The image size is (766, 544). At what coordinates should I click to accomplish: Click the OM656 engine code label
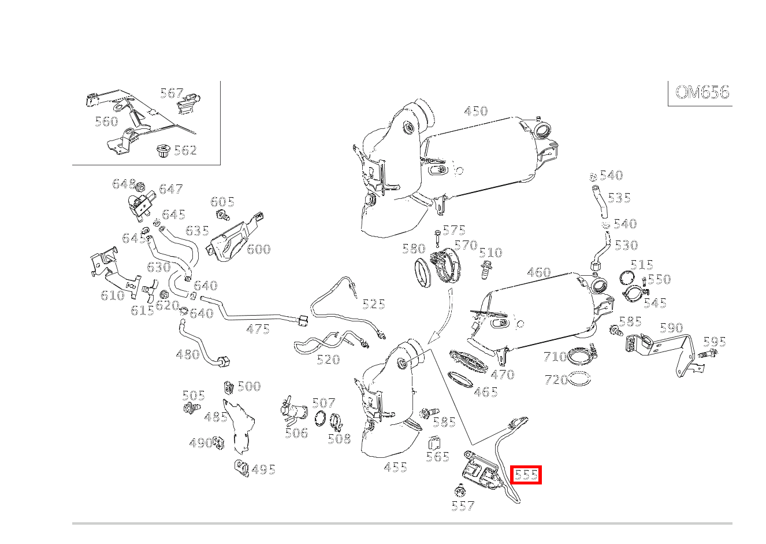[702, 92]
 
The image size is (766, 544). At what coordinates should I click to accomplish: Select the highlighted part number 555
[526, 475]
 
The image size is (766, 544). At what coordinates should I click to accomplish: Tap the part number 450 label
[476, 111]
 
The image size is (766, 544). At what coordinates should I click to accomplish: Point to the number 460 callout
[538, 272]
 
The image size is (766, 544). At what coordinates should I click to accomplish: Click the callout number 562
[185, 150]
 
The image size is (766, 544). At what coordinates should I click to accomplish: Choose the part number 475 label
[258, 330]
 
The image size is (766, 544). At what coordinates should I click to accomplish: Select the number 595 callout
[714, 342]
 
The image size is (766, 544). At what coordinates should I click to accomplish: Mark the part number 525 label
[373, 304]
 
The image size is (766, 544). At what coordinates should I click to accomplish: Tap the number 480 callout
[188, 354]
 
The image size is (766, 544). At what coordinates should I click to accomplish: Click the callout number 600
[258, 249]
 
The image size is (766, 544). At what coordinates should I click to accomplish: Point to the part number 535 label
[619, 198]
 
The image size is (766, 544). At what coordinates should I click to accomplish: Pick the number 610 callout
[112, 295]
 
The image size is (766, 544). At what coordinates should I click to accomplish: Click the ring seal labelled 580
[426, 272]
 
